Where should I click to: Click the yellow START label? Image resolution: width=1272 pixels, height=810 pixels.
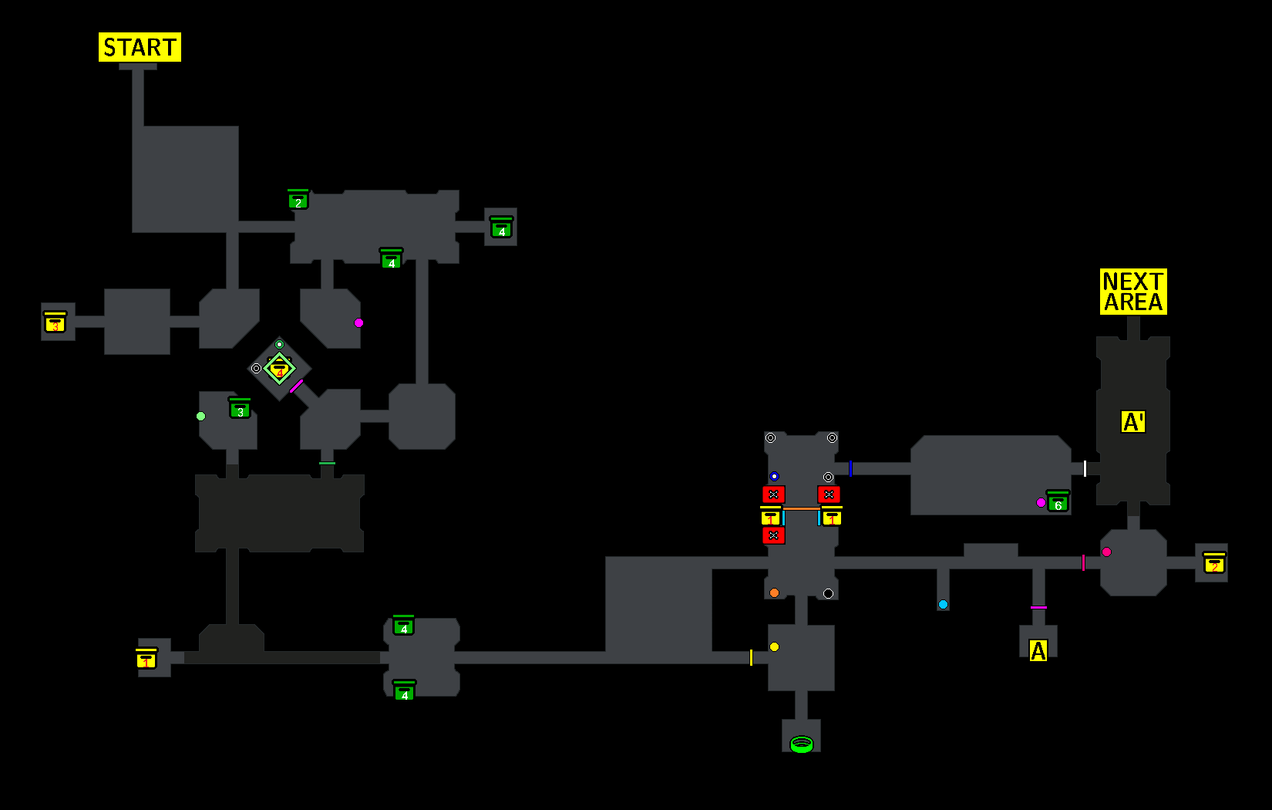(140, 47)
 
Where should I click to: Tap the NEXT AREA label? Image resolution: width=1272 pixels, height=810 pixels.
(1132, 292)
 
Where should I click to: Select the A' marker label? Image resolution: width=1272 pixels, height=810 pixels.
(1132, 422)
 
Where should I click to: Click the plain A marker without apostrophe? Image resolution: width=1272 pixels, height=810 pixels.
(1038, 651)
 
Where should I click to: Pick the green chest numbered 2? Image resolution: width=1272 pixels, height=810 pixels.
(298, 200)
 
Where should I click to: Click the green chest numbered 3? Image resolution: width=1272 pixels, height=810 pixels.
(240, 409)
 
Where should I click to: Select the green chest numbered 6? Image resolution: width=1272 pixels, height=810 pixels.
(1058, 502)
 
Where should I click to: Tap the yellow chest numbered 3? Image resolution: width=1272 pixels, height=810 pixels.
(55, 322)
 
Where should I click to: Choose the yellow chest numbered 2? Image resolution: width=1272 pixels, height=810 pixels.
(1214, 563)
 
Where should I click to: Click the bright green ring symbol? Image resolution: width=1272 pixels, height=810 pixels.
(802, 744)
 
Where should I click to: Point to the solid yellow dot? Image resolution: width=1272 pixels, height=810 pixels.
(774, 646)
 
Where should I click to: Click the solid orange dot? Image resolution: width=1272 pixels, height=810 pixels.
(774, 592)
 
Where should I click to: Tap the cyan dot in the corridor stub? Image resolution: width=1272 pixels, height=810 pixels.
(943, 604)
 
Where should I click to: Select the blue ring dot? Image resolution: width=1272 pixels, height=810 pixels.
(774, 476)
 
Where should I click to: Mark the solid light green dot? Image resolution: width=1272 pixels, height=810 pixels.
(200, 416)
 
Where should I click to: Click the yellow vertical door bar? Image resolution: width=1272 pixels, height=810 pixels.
(751, 657)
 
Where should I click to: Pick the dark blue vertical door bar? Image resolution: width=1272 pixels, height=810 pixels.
(850, 468)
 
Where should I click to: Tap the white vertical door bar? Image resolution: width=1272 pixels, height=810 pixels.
(1085, 468)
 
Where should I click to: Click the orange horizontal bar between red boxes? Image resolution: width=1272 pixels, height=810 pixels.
(801, 508)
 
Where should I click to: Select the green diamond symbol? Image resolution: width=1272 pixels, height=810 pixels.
(279, 368)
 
